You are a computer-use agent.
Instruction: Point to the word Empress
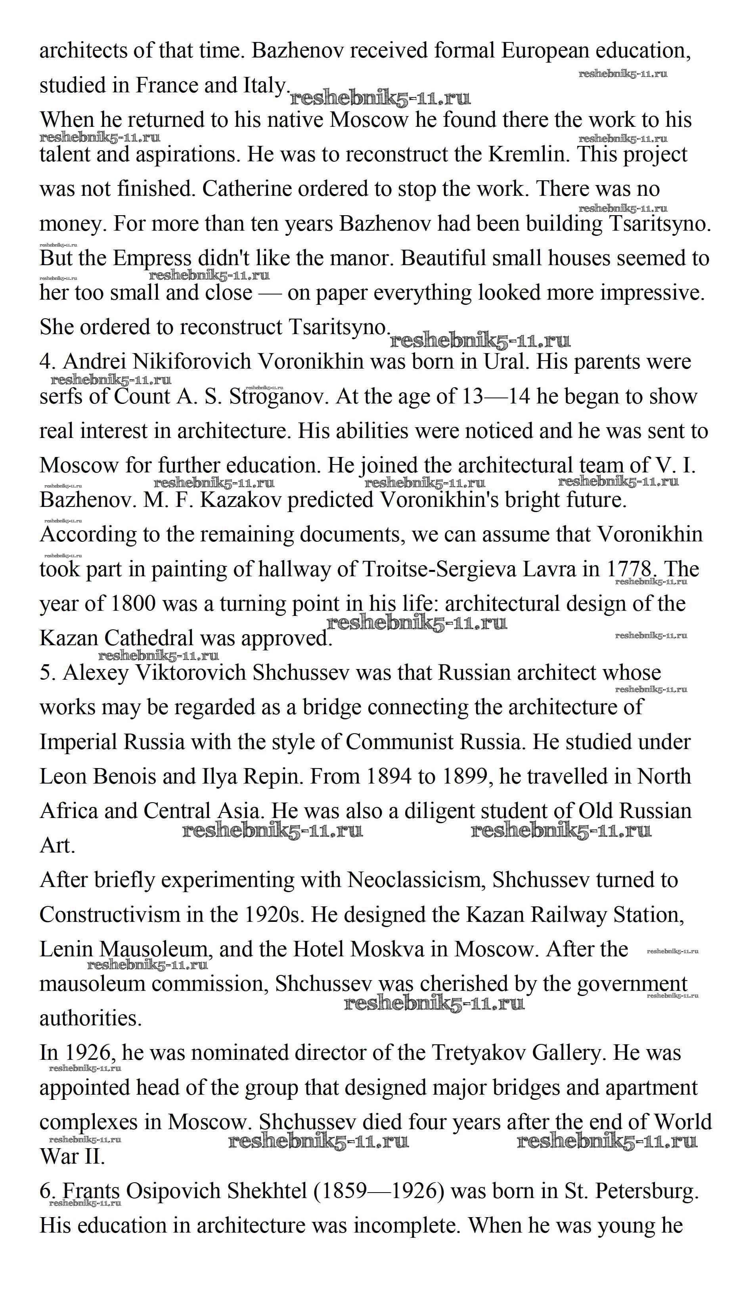click(x=152, y=258)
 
